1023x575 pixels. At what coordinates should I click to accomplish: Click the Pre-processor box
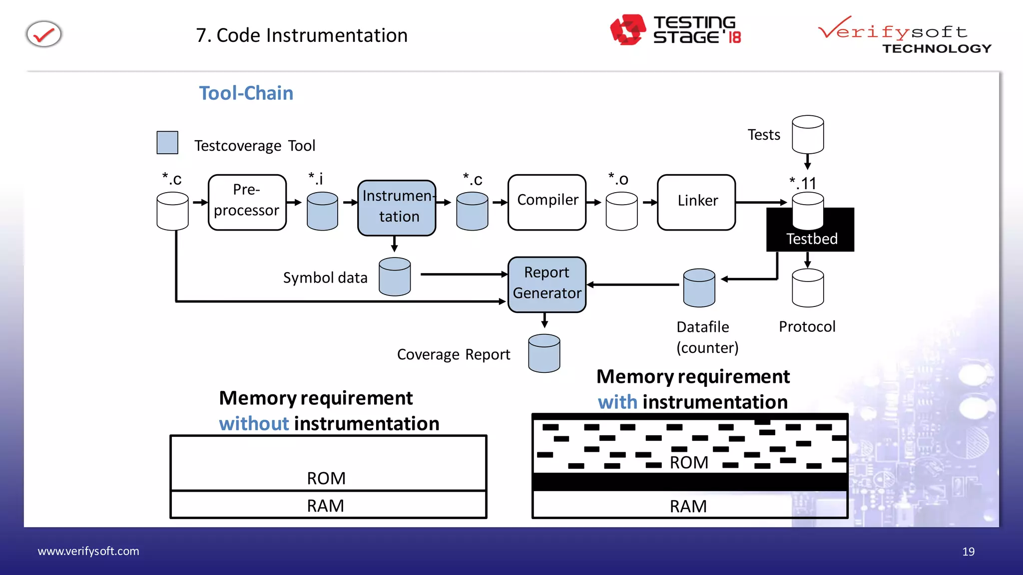(247, 202)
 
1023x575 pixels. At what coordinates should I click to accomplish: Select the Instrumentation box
(397, 207)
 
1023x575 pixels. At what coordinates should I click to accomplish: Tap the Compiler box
(547, 202)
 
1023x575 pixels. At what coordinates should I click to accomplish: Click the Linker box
(696, 202)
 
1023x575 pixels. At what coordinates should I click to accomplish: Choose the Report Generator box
(547, 285)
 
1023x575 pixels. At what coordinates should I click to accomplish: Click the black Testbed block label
(811, 239)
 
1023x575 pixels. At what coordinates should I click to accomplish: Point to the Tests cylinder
(808, 135)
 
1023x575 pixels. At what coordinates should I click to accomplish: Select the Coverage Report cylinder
(544, 353)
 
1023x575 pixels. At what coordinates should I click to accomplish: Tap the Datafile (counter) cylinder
(699, 288)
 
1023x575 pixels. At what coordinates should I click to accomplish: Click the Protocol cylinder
(808, 288)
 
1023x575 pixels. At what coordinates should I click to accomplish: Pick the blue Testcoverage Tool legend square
(167, 143)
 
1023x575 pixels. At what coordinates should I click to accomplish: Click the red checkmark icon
(44, 34)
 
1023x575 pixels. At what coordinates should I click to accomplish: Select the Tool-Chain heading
(246, 93)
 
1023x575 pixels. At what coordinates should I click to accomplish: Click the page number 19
(968, 552)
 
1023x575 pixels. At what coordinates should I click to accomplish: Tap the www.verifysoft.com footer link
(88, 551)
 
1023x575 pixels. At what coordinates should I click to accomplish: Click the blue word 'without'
(254, 424)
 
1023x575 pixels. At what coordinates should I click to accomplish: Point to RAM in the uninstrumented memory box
(325, 506)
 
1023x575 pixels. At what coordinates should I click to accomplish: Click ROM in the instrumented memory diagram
(689, 463)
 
